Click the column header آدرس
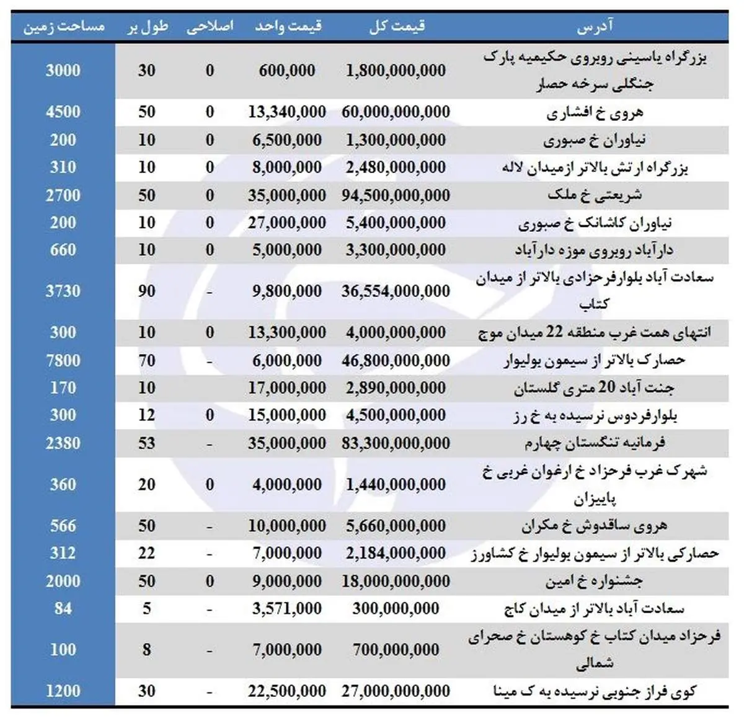pos(595,27)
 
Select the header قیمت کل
pos(396,27)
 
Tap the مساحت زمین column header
pos(63,27)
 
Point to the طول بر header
pos(147,27)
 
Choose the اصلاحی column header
pos(210,27)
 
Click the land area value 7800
pos(63,360)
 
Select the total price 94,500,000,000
pos(396,195)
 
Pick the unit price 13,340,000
pos(286,112)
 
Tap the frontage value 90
pos(147,291)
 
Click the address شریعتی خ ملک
pos(594,195)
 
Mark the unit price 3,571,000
pos(286,609)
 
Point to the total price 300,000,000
pos(396,609)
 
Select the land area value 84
pos(63,609)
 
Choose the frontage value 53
pos(147,443)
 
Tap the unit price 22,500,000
pos(286,691)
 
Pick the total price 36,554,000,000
pos(396,291)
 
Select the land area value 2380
pos(63,443)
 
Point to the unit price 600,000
pos(286,71)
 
